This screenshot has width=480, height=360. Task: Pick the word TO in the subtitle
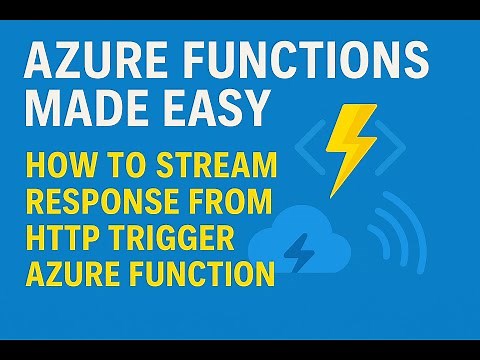click(x=118, y=160)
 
